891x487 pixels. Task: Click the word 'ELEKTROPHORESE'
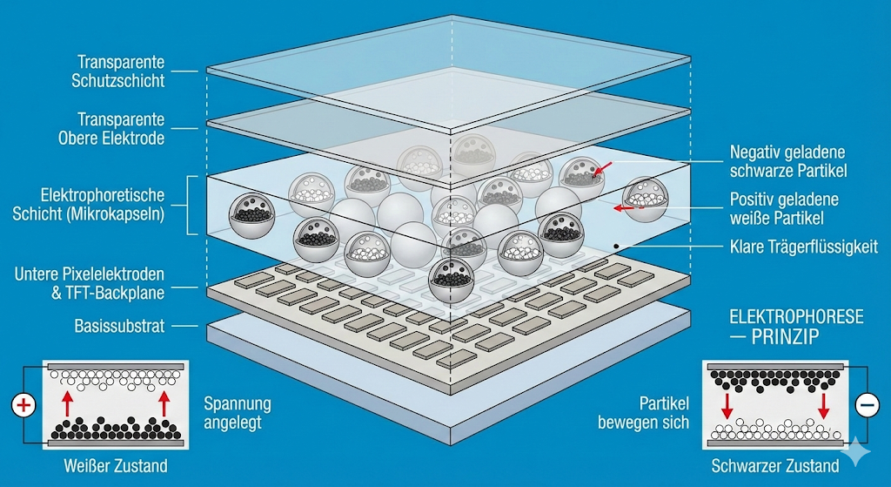tap(796, 316)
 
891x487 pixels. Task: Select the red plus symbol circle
tap(23, 406)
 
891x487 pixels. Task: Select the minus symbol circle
tap(867, 404)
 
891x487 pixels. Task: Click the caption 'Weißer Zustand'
tap(115, 466)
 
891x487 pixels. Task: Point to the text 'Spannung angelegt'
tap(237, 413)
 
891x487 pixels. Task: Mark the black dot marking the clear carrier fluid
tap(617, 246)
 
